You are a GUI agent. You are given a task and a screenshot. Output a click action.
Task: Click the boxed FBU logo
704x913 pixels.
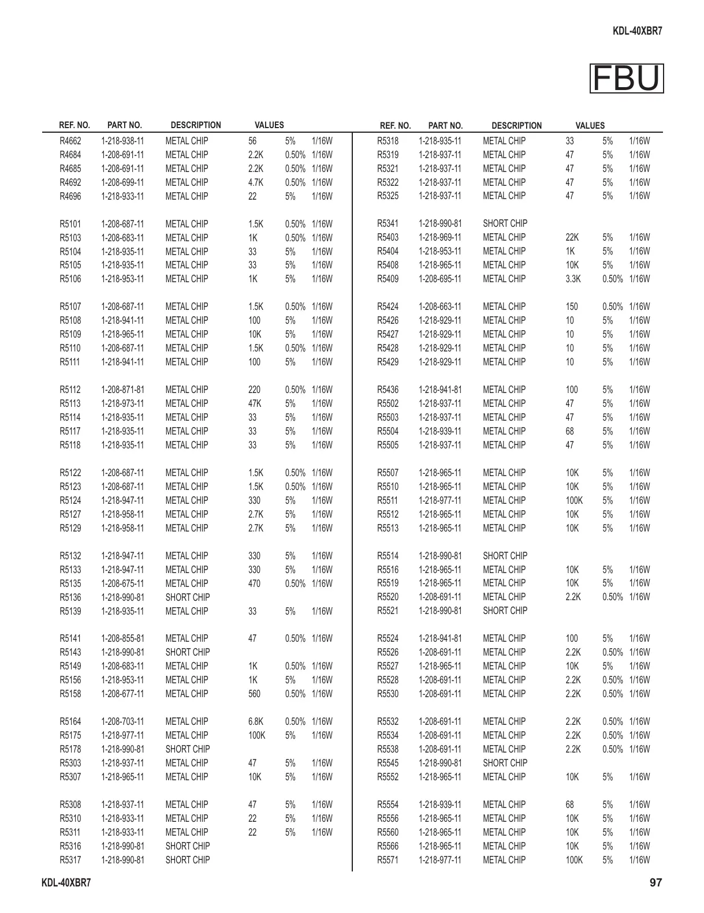point(627,78)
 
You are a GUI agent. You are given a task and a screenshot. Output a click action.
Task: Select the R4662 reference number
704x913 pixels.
point(70,141)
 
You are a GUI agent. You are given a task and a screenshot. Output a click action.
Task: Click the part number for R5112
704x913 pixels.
point(122,390)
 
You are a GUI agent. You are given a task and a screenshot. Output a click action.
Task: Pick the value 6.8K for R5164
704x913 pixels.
point(256,721)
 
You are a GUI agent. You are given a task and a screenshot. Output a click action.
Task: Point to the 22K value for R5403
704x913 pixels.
point(572,237)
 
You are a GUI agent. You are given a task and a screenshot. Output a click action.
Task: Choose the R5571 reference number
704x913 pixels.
point(388,860)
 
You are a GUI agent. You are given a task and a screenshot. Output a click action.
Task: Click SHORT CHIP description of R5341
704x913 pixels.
point(505,223)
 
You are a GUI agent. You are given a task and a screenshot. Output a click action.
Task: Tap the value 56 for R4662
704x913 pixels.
point(252,141)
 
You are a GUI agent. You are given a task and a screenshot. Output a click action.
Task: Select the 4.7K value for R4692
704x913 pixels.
point(256,182)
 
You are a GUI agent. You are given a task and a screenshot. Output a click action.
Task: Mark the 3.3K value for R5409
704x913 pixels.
point(573,279)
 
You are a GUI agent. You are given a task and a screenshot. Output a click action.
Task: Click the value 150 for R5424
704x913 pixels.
point(572,306)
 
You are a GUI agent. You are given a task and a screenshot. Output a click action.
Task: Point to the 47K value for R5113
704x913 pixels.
point(255,403)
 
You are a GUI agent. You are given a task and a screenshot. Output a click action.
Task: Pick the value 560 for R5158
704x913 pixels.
point(254,694)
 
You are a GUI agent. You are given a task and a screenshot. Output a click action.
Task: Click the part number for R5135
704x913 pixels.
point(122,583)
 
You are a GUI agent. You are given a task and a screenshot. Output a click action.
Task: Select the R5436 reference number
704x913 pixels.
point(388,390)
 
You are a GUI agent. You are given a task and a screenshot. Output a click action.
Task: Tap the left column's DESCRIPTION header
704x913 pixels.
point(196,125)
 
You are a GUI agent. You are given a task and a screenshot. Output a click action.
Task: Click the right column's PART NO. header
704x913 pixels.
point(445,125)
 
